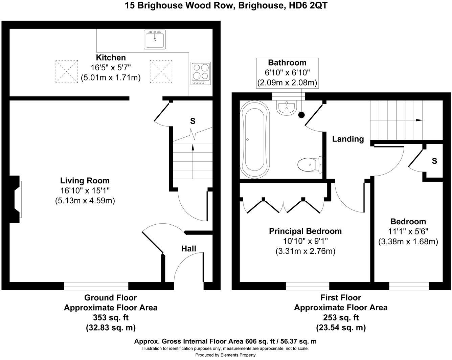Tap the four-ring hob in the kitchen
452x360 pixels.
tap(200, 73)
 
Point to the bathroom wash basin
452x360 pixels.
tap(287, 107)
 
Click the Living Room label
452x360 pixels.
tap(85, 181)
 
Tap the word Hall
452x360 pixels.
tap(188, 249)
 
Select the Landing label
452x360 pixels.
tap(348, 139)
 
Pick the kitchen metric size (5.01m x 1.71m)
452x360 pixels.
tap(111, 77)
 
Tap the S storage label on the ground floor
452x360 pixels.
tap(193, 121)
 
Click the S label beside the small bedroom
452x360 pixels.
tap(434, 161)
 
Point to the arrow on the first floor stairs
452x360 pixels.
tap(419, 120)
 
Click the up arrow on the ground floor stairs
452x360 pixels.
tap(193, 147)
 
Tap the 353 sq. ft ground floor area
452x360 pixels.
tap(111, 318)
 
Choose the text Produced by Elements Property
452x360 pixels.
tap(225, 355)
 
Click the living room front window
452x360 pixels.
tap(96, 286)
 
